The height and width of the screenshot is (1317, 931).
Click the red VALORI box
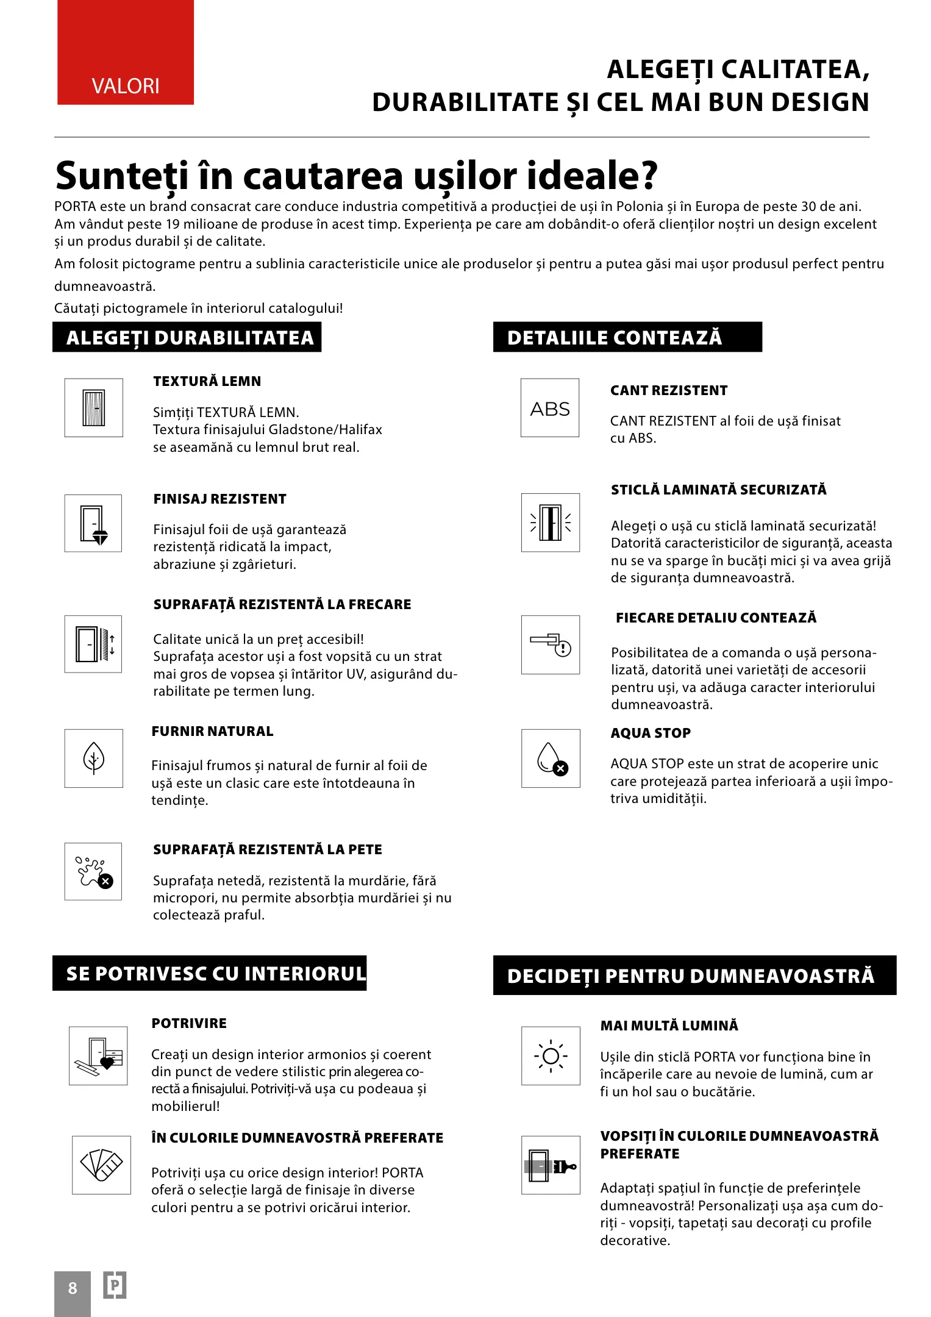tap(126, 52)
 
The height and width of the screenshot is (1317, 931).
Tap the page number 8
tap(73, 1288)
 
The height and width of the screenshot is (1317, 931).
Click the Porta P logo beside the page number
tap(114, 1285)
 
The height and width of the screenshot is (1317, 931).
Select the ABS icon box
tap(550, 408)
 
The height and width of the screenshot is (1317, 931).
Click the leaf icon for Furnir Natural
tap(93, 758)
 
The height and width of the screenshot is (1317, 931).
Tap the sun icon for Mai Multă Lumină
tap(551, 1055)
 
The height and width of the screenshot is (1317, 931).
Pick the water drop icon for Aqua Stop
tap(551, 758)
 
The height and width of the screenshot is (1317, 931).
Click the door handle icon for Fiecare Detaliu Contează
tap(551, 644)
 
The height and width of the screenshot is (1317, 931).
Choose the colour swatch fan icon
tap(101, 1165)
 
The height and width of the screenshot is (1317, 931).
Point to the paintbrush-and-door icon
tap(551, 1165)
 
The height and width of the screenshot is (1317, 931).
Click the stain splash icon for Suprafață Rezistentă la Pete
tap(93, 871)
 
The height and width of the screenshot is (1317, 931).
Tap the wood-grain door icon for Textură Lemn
tap(93, 408)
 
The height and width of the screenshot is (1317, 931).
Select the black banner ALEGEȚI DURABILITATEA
tap(187, 338)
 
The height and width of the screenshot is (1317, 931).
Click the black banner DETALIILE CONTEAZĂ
tap(627, 338)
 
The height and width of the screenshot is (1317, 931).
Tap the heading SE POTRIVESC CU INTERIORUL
tap(210, 973)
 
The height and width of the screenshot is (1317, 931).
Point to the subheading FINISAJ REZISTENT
tap(220, 499)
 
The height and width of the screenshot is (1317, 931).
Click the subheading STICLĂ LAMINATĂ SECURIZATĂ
tap(719, 490)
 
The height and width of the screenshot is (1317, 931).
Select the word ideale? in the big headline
tap(592, 176)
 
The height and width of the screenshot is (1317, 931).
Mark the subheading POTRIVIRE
tap(189, 1023)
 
